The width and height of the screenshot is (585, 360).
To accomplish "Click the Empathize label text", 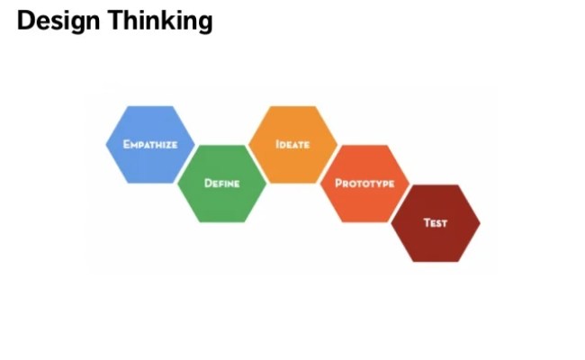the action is point(149,143).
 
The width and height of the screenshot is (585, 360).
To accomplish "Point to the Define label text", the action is point(221,183).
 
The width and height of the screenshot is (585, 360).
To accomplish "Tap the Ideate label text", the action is point(292,143).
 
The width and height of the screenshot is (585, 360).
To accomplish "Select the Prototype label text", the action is point(364,183).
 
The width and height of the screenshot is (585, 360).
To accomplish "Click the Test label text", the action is point(436,222).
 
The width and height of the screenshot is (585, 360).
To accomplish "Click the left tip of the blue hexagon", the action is point(107,144).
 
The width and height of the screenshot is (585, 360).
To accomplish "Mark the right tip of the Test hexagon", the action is point(479,222).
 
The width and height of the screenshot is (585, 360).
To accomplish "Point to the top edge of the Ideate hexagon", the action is point(292,107).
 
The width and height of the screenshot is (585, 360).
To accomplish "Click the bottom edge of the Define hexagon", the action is point(221,221).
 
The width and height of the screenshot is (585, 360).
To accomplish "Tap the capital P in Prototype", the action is point(338,183).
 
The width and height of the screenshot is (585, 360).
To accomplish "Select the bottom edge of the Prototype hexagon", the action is point(364,221).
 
